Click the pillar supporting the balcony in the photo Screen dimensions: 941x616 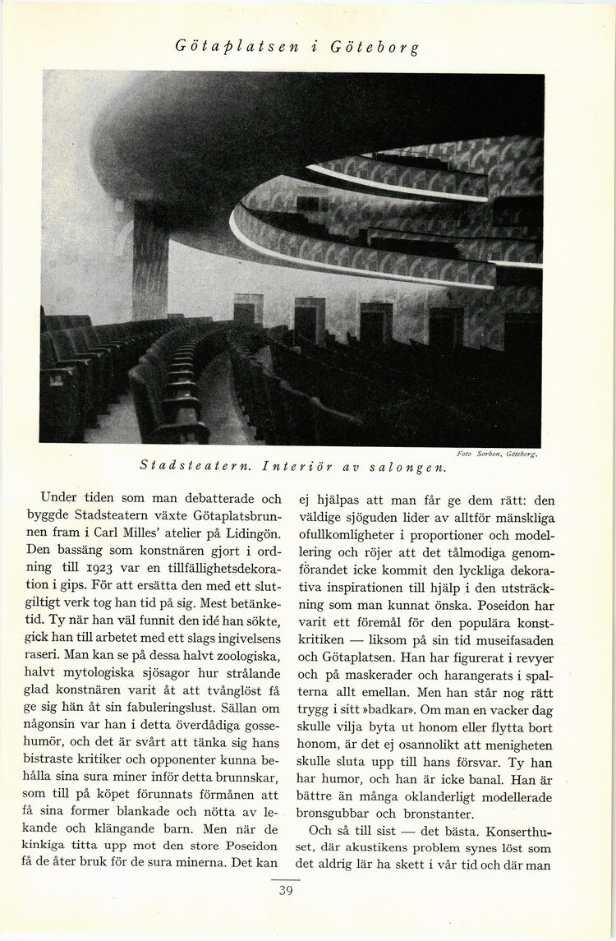pyautogui.click(x=149, y=263)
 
